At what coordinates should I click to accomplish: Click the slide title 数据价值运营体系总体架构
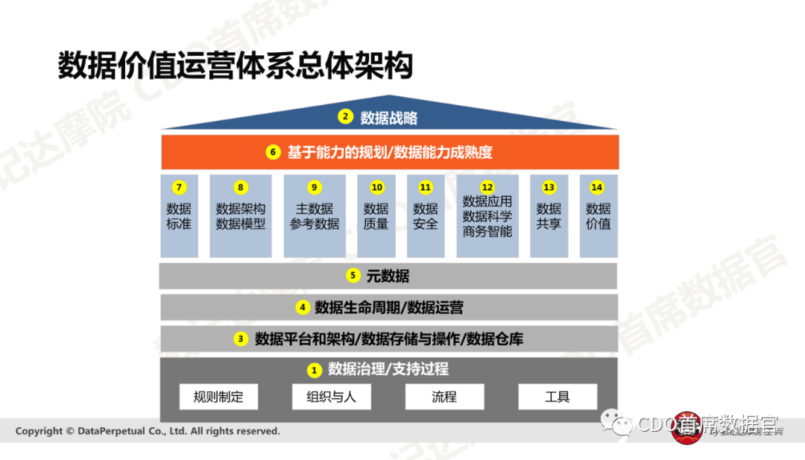tap(235, 66)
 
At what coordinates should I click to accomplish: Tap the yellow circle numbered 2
tap(344, 116)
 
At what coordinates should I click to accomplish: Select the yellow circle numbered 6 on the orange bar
tap(273, 152)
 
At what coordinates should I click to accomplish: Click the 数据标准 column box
tap(179, 216)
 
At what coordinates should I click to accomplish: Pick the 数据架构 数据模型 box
tap(241, 216)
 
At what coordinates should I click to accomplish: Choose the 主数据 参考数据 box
tap(315, 216)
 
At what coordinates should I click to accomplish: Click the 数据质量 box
tap(376, 216)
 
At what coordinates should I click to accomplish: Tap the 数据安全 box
tap(426, 216)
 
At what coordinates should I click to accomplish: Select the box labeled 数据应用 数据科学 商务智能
tap(487, 216)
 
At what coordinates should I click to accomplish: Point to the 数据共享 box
tap(549, 216)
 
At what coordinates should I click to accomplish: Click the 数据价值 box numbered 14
tap(598, 216)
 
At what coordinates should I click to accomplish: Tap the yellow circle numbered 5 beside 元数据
tap(353, 276)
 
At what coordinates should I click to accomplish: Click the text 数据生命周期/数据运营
tap(389, 307)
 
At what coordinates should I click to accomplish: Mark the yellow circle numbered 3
tap(241, 338)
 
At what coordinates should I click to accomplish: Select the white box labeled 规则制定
tap(218, 397)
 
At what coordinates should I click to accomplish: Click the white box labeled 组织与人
tap(331, 397)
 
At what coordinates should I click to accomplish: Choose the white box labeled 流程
tap(444, 397)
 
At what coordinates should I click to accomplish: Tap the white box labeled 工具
tap(557, 397)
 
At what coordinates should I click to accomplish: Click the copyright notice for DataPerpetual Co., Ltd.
tap(148, 431)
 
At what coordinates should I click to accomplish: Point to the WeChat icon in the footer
tap(617, 424)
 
